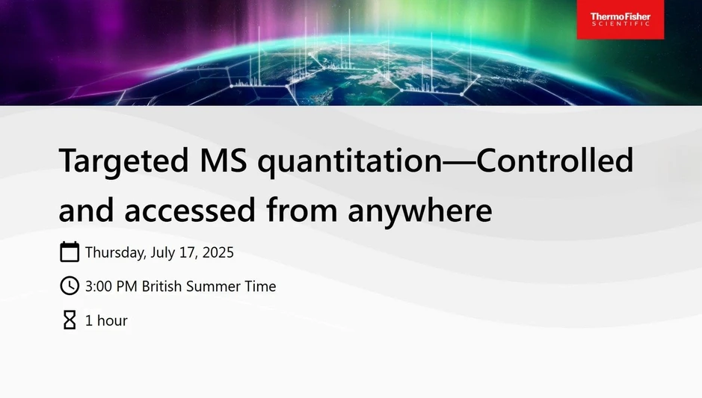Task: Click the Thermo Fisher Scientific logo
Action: pyautogui.click(x=620, y=19)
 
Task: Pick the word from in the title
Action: pyautogui.click(x=303, y=211)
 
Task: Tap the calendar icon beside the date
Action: pyautogui.click(x=70, y=252)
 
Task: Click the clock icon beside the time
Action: pyautogui.click(x=70, y=286)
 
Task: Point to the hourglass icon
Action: pyautogui.click(x=70, y=320)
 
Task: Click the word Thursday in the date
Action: pyautogui.click(x=115, y=252)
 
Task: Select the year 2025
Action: pyautogui.click(x=216, y=252)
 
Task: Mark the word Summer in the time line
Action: pyautogui.click(x=217, y=286)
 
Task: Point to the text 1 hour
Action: pyautogui.click(x=106, y=320)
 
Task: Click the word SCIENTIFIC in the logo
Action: pyautogui.click(x=620, y=25)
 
